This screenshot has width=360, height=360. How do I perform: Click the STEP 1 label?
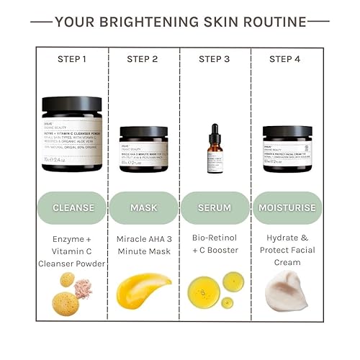point(72,59)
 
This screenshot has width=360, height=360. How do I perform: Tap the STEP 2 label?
point(143,59)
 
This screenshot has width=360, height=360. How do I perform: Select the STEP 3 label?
point(215,59)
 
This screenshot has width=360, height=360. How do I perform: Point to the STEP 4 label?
point(286,59)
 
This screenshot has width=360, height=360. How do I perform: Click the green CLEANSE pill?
point(72,208)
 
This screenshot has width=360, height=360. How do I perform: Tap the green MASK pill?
point(143,208)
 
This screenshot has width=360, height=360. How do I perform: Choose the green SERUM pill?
point(215,208)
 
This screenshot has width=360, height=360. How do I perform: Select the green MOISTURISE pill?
point(287,208)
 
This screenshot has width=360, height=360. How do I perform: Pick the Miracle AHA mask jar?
point(143,149)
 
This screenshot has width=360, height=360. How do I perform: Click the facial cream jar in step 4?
point(287,148)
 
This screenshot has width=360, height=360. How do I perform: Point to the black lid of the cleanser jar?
point(72,104)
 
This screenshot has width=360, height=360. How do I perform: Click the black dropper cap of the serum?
point(214,132)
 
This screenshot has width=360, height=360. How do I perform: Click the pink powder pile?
point(84,287)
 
